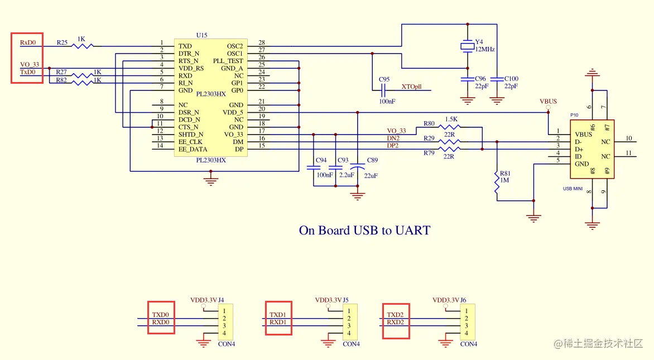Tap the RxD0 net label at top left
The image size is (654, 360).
(27, 42)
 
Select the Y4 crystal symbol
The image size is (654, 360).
(468, 46)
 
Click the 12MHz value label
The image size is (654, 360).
(484, 49)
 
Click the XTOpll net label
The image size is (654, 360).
(412, 88)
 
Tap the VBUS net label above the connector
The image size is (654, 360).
(548, 102)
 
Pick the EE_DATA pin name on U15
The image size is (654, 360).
(193, 149)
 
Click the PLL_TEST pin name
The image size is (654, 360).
(228, 61)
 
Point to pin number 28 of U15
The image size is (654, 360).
(262, 43)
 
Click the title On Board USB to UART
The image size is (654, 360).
(364, 230)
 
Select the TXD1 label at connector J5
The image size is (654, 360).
(278, 314)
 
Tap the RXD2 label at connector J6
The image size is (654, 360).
(395, 322)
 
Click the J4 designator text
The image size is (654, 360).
(221, 300)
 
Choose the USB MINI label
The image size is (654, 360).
(573, 189)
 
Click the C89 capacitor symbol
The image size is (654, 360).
(358, 166)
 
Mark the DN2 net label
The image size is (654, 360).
(393, 138)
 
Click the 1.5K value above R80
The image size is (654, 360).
(451, 119)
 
